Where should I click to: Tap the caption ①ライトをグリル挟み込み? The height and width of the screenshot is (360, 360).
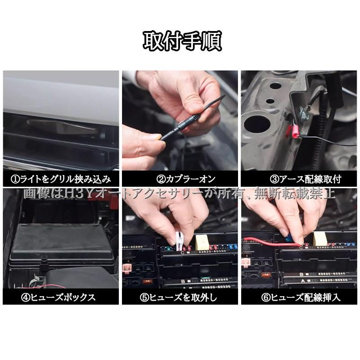pos(61,179)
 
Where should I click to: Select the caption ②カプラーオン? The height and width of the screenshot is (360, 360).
pos(180,179)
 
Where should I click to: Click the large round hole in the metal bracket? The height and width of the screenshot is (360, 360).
pos(258,121)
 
